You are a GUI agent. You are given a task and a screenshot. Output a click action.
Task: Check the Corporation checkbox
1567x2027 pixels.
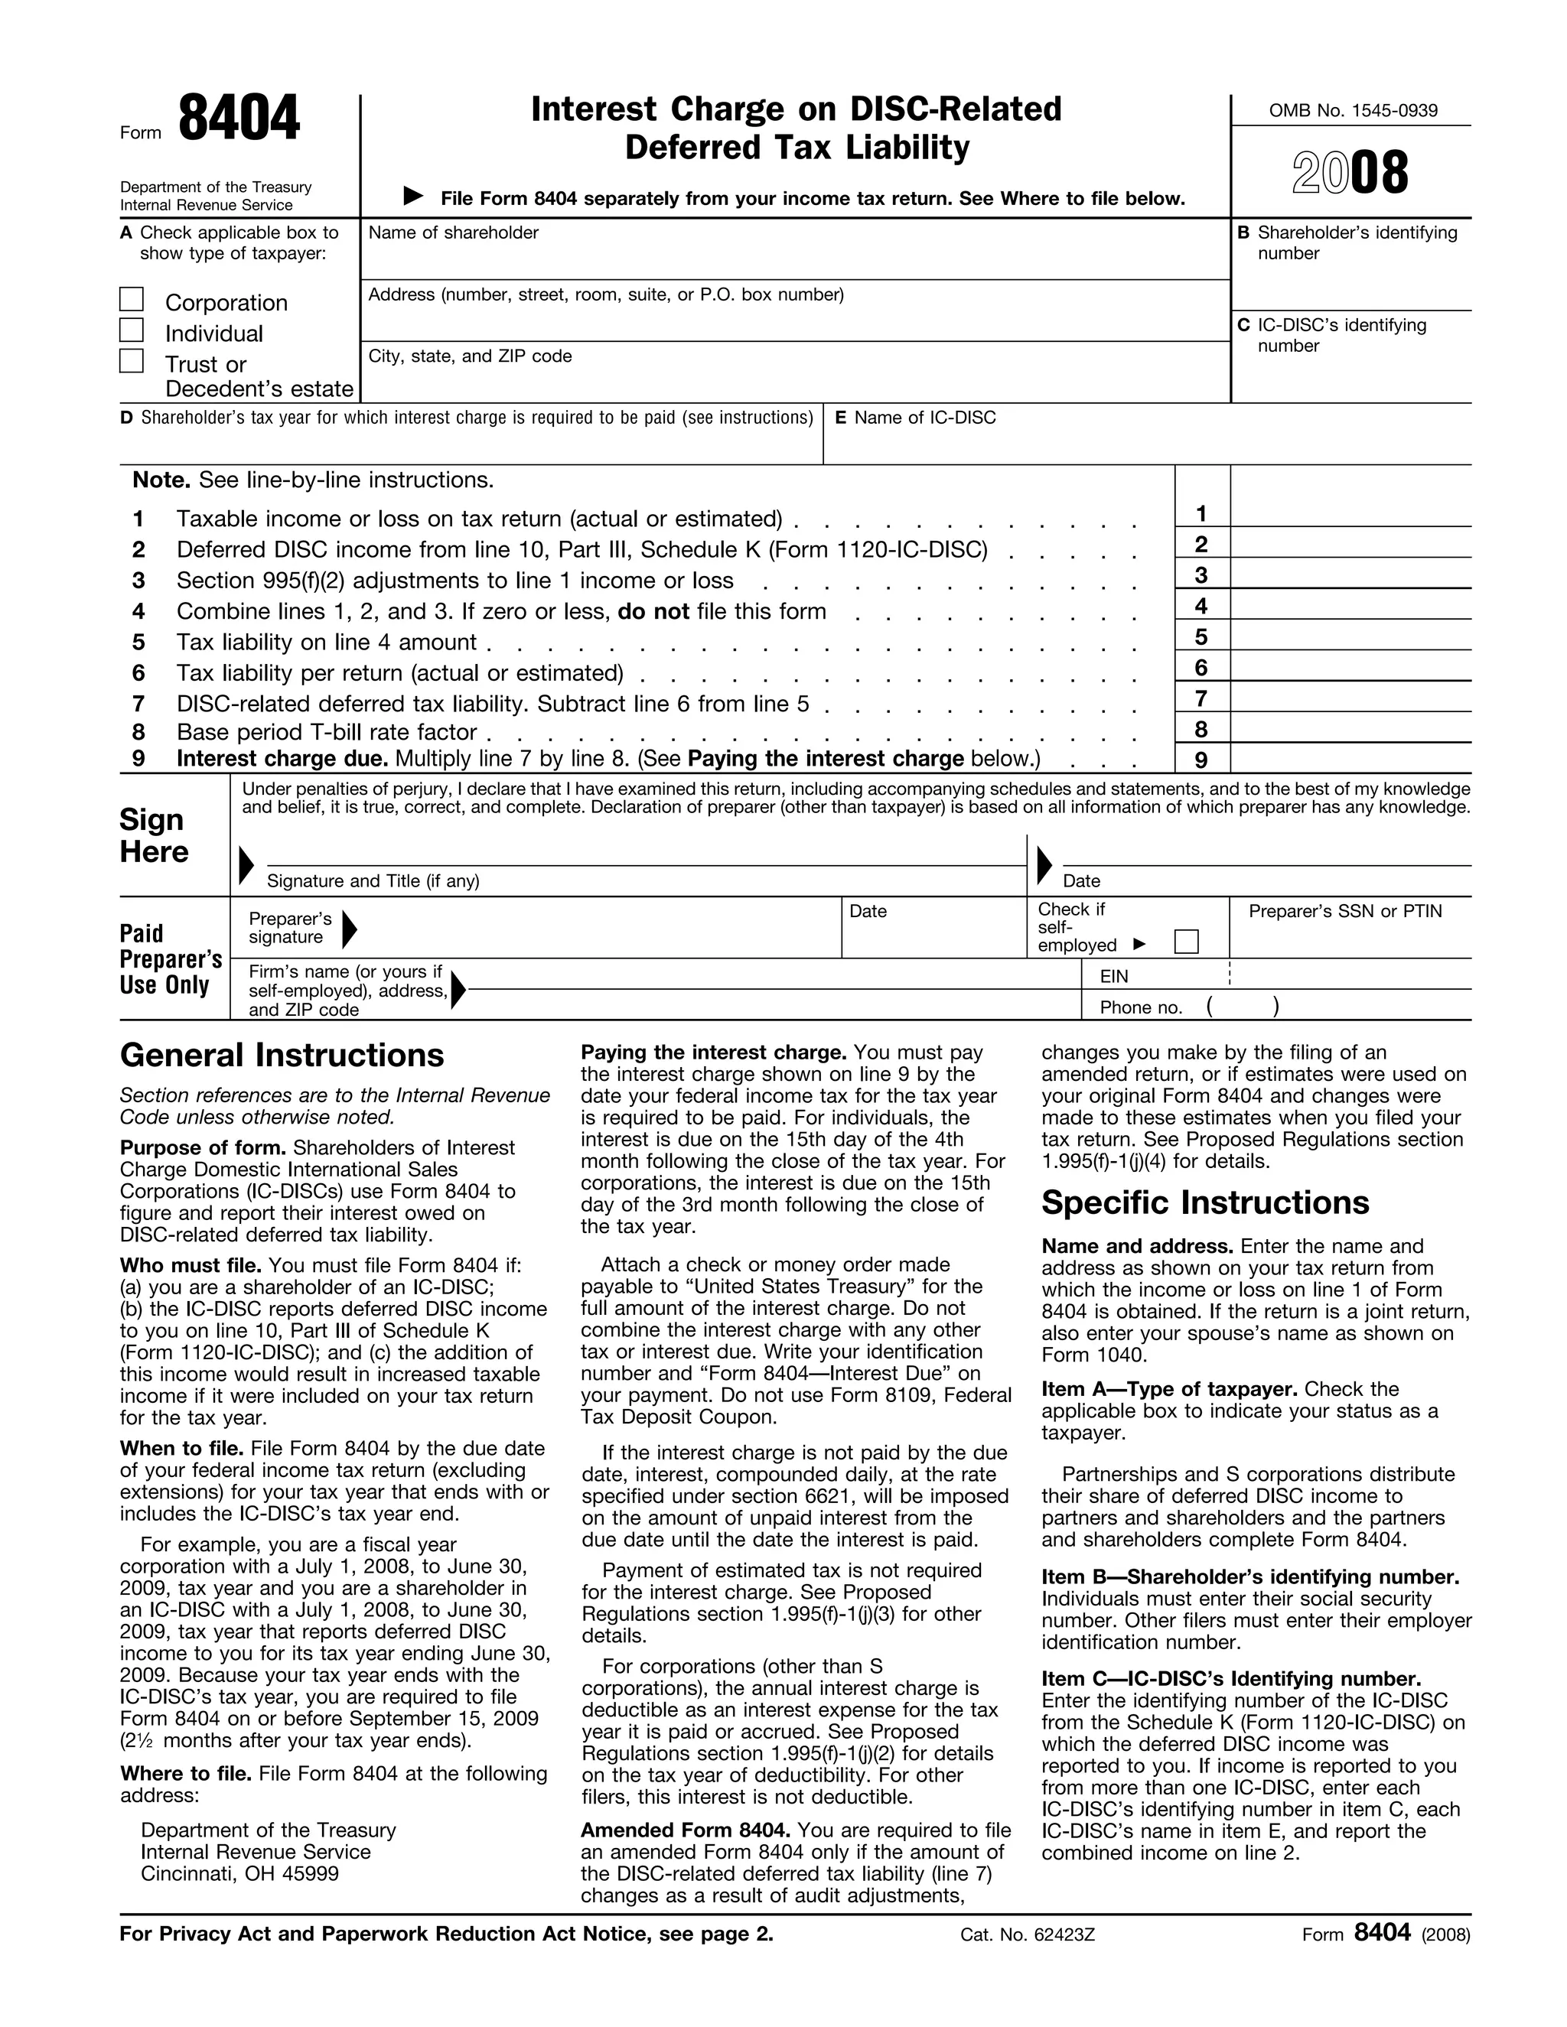pyautogui.click(x=132, y=300)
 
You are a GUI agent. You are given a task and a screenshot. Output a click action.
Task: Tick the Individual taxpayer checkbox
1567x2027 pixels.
pyautogui.click(x=132, y=330)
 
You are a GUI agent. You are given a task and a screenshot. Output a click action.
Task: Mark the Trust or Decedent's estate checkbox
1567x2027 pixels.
pyautogui.click(x=132, y=361)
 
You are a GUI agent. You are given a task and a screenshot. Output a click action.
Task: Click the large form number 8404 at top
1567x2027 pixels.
pyautogui.click(x=239, y=120)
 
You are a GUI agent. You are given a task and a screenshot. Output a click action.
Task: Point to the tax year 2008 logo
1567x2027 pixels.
pyautogui.click(x=1350, y=174)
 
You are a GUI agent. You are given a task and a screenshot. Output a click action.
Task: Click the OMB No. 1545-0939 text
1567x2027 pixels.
pyautogui.click(x=1353, y=110)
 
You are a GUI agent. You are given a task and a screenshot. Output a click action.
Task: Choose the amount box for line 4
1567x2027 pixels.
pyautogui.click(x=1350, y=605)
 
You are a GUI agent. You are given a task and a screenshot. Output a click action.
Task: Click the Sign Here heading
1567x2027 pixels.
pyautogui.click(x=154, y=835)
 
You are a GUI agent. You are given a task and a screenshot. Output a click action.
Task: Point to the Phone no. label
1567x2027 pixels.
pyautogui.click(x=1140, y=1007)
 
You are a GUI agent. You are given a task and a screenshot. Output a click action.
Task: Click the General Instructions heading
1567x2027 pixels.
pyautogui.click(x=282, y=1056)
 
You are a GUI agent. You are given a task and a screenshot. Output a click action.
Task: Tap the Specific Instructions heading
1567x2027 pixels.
pyautogui.click(x=1204, y=1203)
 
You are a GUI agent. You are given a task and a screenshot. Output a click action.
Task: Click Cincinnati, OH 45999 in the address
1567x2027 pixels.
pyautogui.click(x=239, y=1874)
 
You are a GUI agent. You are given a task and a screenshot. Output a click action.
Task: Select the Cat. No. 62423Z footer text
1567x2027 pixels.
pyautogui.click(x=1028, y=1935)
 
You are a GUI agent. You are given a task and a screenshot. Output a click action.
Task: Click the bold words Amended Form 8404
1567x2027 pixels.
pyautogui.click(x=685, y=1830)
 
